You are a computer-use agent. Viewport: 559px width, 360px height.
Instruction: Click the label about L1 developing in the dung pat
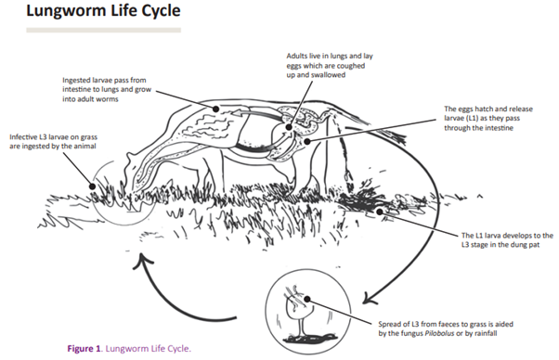point(505,239)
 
